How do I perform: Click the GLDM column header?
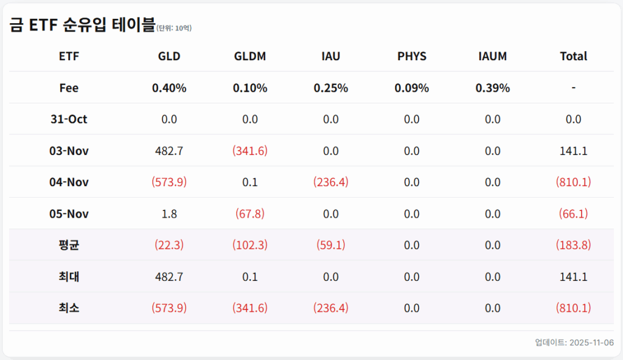250,57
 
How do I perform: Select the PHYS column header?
412,57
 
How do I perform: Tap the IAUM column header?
493,57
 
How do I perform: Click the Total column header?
573,57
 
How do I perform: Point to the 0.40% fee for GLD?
169,88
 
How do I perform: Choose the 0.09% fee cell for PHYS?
412,88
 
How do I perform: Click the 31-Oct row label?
69,120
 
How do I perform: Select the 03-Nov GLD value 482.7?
169,151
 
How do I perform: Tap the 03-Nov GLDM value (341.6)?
250,151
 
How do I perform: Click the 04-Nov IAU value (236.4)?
331,182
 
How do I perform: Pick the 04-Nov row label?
69,182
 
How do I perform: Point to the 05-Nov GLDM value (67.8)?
250,214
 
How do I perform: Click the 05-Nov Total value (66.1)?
573,214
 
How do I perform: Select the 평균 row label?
69,246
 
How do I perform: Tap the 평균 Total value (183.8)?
573,246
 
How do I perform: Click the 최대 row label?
69,277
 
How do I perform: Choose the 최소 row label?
69,308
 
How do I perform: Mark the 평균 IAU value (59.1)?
331,246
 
